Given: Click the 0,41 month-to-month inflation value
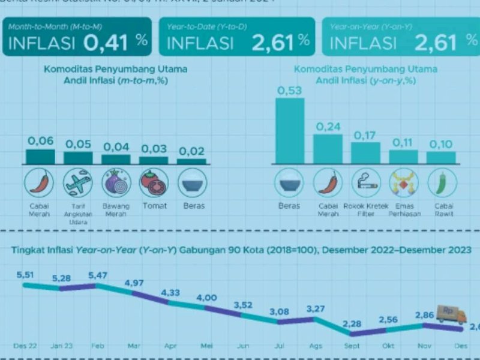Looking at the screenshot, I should [x=113, y=42].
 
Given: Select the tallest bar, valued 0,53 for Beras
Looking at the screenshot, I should [x=290, y=131].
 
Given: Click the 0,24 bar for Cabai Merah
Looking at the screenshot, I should [x=328, y=149].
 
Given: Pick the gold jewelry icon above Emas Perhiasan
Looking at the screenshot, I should [x=403, y=182].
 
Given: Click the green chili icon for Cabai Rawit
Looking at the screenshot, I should [x=442, y=182].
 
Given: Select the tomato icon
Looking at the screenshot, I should [x=154, y=182].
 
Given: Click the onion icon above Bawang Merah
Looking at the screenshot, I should [x=116, y=182].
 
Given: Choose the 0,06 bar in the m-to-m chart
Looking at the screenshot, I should [x=41, y=157].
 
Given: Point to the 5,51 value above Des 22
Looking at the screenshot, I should [x=28, y=275].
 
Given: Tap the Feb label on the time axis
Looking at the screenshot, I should [x=96, y=346].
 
